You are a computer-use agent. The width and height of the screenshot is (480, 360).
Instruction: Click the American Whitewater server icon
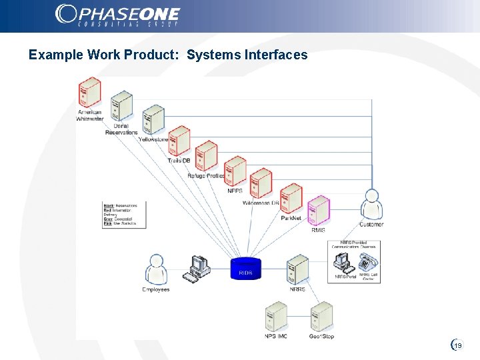tap(89, 92)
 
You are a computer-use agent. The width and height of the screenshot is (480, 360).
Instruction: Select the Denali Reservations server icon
tap(122, 107)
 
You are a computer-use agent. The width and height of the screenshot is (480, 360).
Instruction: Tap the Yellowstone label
tap(154, 139)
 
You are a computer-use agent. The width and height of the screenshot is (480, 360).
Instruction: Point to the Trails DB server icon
tap(179, 141)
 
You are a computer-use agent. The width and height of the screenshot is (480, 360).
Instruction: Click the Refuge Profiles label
tap(207, 176)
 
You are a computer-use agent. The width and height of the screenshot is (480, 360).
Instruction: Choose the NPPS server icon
tap(235, 171)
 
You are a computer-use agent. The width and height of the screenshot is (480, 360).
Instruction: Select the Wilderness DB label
tap(261, 203)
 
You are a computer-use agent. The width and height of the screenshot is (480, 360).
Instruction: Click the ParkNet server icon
tap(291, 199)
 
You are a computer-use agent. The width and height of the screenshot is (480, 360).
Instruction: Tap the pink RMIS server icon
tap(319, 211)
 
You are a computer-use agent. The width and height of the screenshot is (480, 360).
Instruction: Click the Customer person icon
tap(371, 204)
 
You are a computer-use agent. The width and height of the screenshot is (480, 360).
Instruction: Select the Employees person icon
tap(155, 269)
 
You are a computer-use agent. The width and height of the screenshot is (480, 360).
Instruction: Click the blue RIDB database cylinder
tap(245, 268)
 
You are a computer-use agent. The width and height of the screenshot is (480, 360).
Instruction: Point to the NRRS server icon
tap(297, 269)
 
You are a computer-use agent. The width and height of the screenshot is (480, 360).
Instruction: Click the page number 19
tap(458, 345)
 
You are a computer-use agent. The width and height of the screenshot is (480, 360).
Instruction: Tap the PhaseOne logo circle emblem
tap(66, 14)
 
